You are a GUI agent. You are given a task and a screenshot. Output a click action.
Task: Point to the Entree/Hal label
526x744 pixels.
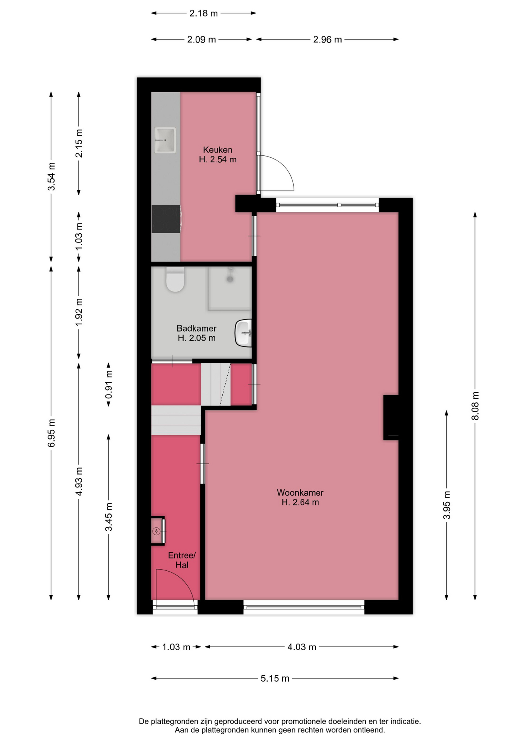pyautogui.click(x=182, y=560)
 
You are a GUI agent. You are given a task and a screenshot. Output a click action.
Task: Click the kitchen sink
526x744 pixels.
pyautogui.click(x=165, y=140)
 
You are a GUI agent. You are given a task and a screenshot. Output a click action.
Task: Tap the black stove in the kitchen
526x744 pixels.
pyautogui.click(x=166, y=219)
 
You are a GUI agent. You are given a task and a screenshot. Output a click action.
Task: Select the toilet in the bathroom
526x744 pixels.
pyautogui.click(x=175, y=279)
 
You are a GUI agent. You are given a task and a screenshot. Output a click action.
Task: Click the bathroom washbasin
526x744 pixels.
pyautogui.click(x=243, y=333)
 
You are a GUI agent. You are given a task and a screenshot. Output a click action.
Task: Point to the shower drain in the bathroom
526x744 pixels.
pyautogui.click(x=230, y=278)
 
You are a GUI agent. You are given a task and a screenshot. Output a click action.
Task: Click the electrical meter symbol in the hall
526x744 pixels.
pyautogui.click(x=156, y=531)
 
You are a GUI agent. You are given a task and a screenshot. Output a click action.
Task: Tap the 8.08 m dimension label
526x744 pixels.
pyautogui.click(x=475, y=406)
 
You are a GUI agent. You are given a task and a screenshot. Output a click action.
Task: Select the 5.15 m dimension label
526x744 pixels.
pyautogui.click(x=275, y=679)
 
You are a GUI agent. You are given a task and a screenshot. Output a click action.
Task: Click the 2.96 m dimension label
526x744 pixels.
pyautogui.click(x=327, y=40)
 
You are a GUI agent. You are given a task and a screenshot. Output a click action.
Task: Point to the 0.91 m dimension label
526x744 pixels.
pyautogui.click(x=109, y=384)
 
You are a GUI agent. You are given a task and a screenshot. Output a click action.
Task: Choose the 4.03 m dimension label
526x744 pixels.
pyautogui.click(x=302, y=647)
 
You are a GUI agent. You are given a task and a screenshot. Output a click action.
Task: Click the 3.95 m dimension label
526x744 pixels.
pyautogui.click(x=447, y=505)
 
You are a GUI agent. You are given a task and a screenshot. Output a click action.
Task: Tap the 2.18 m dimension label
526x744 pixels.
pyautogui.click(x=203, y=14)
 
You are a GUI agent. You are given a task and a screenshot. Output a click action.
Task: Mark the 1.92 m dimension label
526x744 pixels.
pyautogui.click(x=79, y=312)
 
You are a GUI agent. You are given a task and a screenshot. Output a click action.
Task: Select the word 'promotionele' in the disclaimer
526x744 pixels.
pyautogui.click(x=304, y=722)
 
